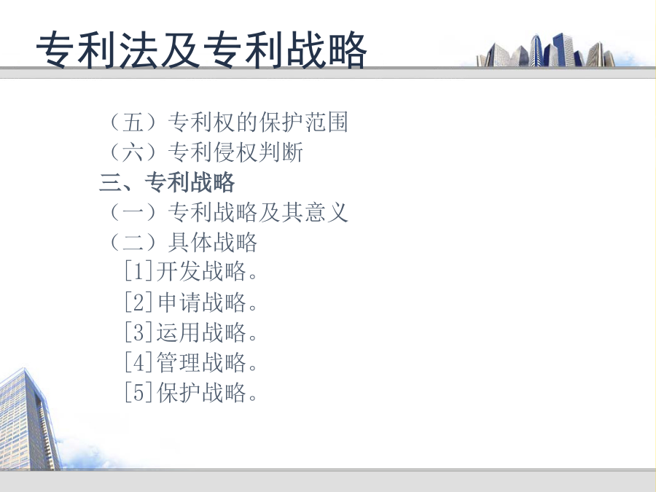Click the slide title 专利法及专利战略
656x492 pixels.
201,50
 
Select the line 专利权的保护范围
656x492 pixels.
258,122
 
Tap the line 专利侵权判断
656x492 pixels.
235,152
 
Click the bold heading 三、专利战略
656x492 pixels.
167,182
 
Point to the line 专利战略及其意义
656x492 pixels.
258,212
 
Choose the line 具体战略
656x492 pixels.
213,242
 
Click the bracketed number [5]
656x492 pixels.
138,392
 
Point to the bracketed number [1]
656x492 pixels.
138,271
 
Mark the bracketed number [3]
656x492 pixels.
138,332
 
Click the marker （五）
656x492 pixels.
133,122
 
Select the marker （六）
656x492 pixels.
133,152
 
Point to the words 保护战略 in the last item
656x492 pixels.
201,392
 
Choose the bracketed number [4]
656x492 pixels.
138,362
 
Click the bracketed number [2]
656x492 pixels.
138,302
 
